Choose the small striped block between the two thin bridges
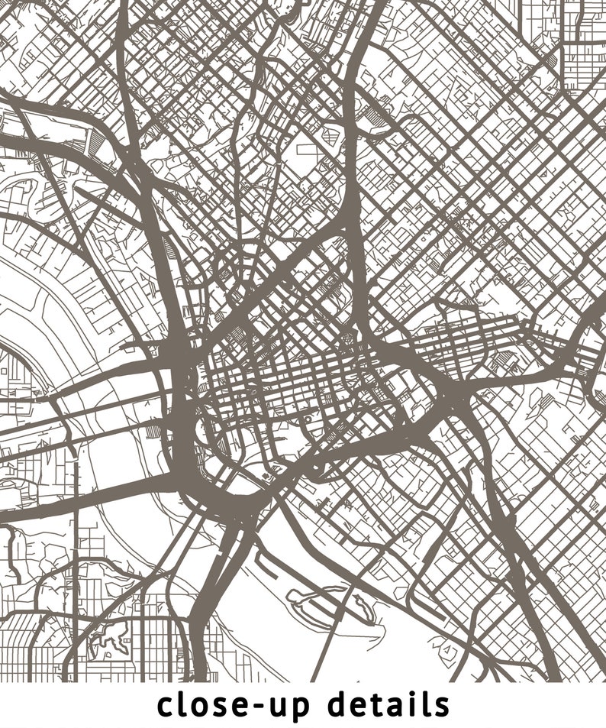click(x=153, y=432)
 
